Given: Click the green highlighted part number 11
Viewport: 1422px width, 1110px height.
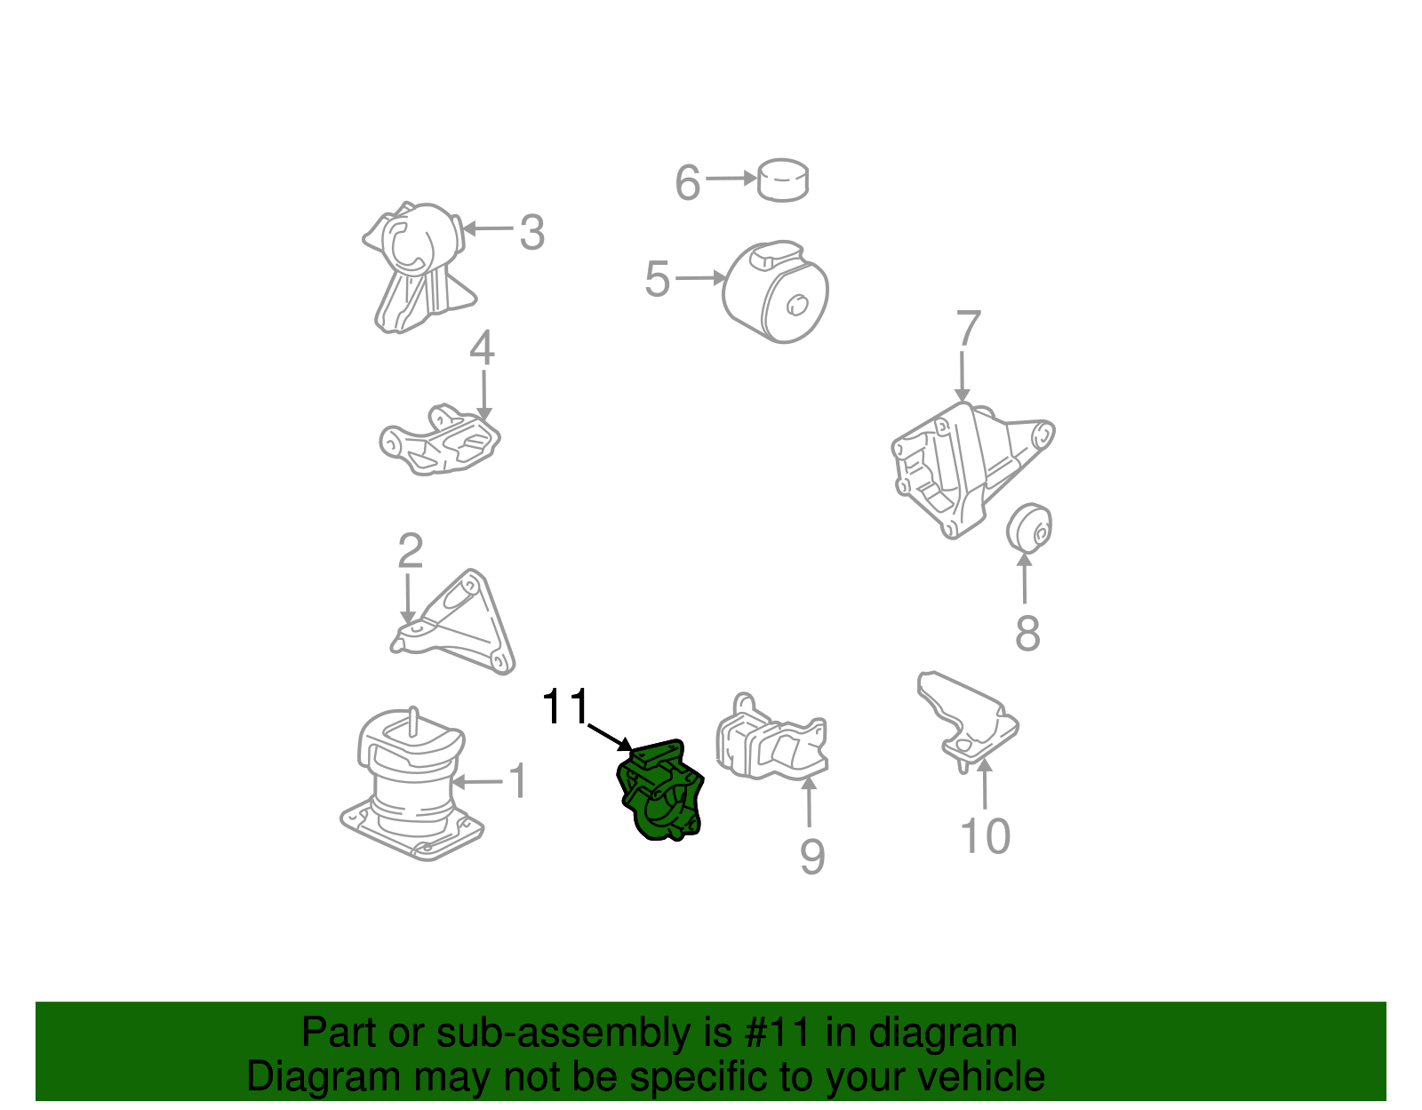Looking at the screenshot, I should [x=661, y=791].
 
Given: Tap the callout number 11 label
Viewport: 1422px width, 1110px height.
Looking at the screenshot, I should [x=565, y=707].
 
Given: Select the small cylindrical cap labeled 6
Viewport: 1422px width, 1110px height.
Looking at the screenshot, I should [x=783, y=180].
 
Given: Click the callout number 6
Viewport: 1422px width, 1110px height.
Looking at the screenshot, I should [x=688, y=183].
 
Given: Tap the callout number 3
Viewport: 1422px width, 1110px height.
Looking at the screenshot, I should [x=531, y=233].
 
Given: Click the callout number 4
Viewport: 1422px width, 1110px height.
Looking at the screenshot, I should [x=482, y=348].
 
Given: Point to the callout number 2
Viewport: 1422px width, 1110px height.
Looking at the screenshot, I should [x=410, y=552].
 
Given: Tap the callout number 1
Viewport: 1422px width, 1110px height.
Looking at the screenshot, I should [x=517, y=782].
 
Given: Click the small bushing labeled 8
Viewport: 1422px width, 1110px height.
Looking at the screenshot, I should [x=1030, y=527].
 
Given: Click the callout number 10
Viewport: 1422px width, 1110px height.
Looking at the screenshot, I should [x=986, y=836].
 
